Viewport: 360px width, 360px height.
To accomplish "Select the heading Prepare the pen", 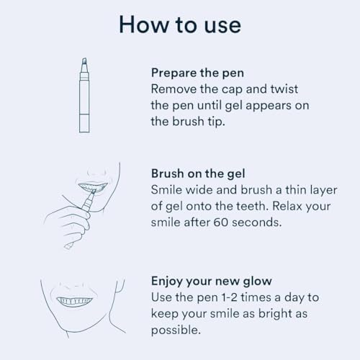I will point(197,73).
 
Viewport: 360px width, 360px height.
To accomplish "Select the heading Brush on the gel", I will point(199,174).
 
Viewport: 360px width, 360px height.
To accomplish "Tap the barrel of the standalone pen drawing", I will point(83,101).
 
